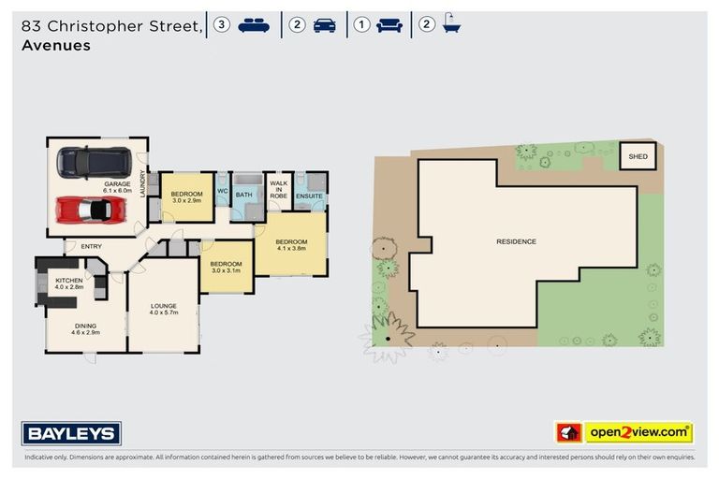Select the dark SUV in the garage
[92, 162]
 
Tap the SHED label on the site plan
[638, 156]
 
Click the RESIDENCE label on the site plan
[516, 241]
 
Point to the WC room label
[223, 192]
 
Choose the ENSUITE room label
[309, 196]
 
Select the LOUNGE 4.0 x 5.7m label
[165, 309]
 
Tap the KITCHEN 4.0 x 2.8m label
[69, 284]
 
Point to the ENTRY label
[91, 247]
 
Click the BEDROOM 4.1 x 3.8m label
[291, 245]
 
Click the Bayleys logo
[71, 433]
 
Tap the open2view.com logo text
[638, 432]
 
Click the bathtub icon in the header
[451, 25]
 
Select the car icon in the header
[325, 25]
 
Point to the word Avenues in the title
[55, 45]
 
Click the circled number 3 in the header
[221, 25]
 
